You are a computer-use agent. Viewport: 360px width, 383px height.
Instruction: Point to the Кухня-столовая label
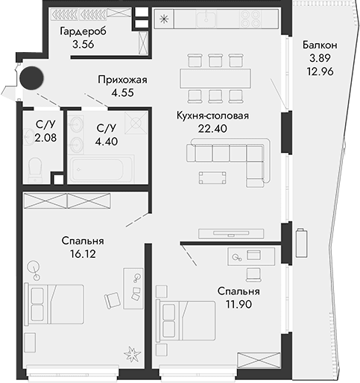click(212, 115)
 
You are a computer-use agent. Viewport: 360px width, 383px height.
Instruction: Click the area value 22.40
click(212, 128)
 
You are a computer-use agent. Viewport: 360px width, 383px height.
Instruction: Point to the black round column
click(32, 77)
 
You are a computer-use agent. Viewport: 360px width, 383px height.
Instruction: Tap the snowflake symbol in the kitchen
click(165, 18)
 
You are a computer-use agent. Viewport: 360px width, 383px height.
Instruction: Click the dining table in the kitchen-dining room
click(215, 77)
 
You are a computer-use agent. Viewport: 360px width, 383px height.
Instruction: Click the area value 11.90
click(239, 303)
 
